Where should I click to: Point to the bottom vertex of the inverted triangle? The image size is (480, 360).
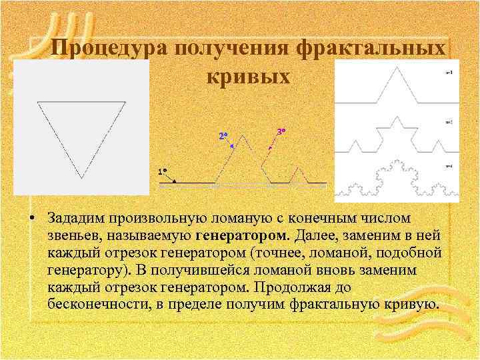[x=82, y=178]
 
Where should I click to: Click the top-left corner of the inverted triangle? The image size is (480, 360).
[x=38, y=102]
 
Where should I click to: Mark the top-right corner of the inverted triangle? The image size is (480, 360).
[x=126, y=102]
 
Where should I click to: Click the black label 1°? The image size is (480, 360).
[x=162, y=171]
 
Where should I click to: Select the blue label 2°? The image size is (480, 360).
[x=223, y=136]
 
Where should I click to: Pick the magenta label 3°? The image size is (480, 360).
[x=281, y=131]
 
